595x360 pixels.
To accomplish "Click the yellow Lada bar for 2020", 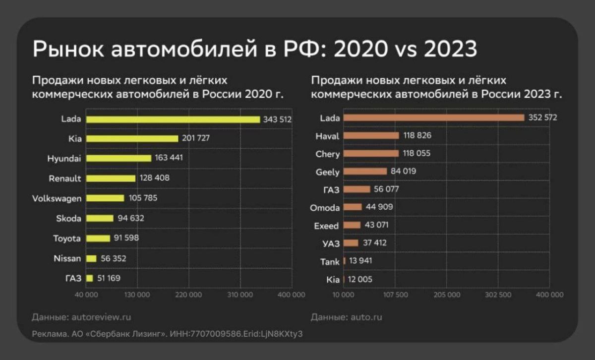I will (x=173, y=120).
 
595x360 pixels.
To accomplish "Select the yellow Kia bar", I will (x=132, y=138).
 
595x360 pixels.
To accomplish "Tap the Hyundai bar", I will (x=119, y=158).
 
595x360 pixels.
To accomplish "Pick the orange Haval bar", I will (x=371, y=135).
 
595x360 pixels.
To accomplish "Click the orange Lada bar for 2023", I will (x=434, y=118).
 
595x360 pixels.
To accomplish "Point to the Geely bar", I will (x=365, y=172).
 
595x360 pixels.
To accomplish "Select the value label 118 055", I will (x=416, y=154).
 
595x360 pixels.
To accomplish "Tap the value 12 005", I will (x=360, y=280).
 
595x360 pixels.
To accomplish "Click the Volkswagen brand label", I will (x=57, y=198).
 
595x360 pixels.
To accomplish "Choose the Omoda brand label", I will (x=325, y=208).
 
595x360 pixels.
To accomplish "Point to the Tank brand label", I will (x=330, y=262).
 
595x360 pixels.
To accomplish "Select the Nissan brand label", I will (x=67, y=258).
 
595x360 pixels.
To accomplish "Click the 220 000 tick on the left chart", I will (x=189, y=295).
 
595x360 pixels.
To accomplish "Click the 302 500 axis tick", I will (x=498, y=295).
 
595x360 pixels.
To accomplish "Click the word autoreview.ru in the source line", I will (x=102, y=317).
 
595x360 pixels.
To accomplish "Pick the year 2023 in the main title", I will (x=444, y=49).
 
